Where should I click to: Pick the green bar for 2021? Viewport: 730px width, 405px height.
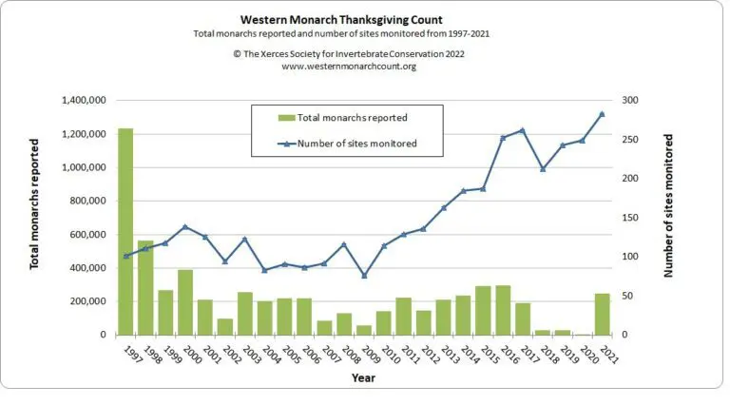pos(602,314)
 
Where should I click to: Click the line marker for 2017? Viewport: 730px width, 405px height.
pos(522,130)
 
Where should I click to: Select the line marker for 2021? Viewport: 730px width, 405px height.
pos(602,114)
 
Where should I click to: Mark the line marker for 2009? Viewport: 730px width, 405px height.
pos(363,276)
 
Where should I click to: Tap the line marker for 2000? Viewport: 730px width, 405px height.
pos(185,226)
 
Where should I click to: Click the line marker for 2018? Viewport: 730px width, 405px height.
pos(542,169)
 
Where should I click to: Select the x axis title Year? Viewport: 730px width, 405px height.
pos(363,377)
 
